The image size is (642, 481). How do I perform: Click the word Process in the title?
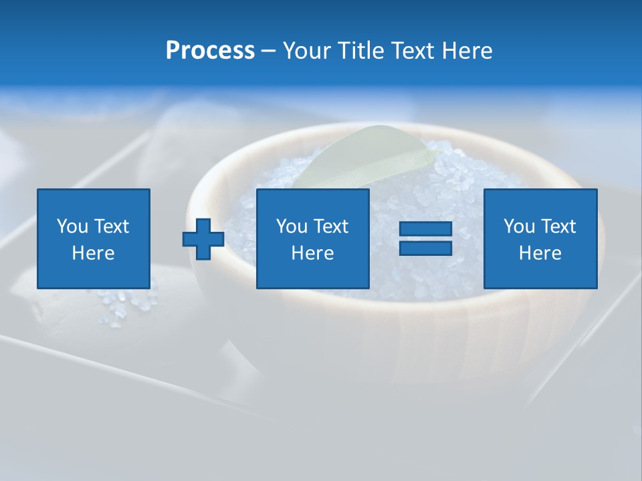tap(210, 51)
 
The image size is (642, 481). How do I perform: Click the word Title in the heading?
tap(358, 51)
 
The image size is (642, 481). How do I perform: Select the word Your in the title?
tap(306, 51)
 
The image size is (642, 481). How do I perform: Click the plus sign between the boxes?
tap(203, 239)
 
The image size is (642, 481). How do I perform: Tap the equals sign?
tap(425, 239)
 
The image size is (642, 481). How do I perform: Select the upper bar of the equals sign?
tap(425, 230)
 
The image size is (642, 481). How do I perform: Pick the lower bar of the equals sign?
tap(425, 249)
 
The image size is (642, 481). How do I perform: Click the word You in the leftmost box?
tap(72, 226)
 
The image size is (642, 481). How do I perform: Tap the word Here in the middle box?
tap(312, 253)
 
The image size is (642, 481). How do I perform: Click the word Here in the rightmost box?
tap(540, 253)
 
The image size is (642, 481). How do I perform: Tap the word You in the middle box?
tap(292, 226)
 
